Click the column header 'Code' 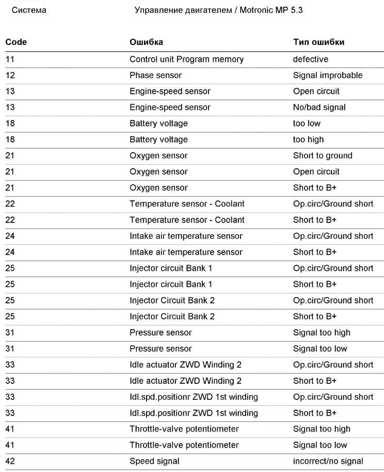16,42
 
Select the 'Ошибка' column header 146,42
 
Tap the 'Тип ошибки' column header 318,42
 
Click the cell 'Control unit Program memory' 186,59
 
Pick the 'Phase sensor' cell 155,75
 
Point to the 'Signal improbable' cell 328,75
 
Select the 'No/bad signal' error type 319,107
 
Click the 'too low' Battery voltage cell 307,123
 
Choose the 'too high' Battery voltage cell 308,139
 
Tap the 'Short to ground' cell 323,155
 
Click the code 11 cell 10,59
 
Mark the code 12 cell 10,75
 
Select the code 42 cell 10,461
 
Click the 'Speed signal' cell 154,461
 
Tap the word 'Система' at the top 29,10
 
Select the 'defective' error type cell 310,59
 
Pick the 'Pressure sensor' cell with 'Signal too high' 161,333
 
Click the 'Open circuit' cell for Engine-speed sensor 316,91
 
